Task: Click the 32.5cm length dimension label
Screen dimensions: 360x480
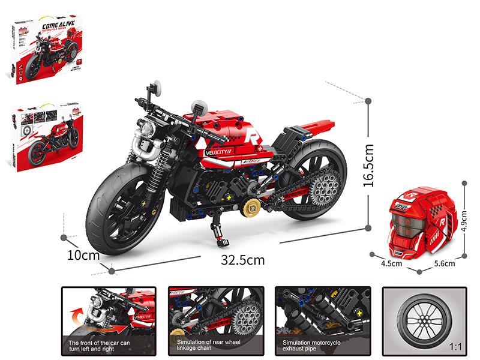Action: tap(242, 260)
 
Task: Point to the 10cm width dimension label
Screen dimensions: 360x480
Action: tap(83, 254)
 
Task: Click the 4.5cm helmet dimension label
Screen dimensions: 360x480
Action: tap(391, 262)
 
